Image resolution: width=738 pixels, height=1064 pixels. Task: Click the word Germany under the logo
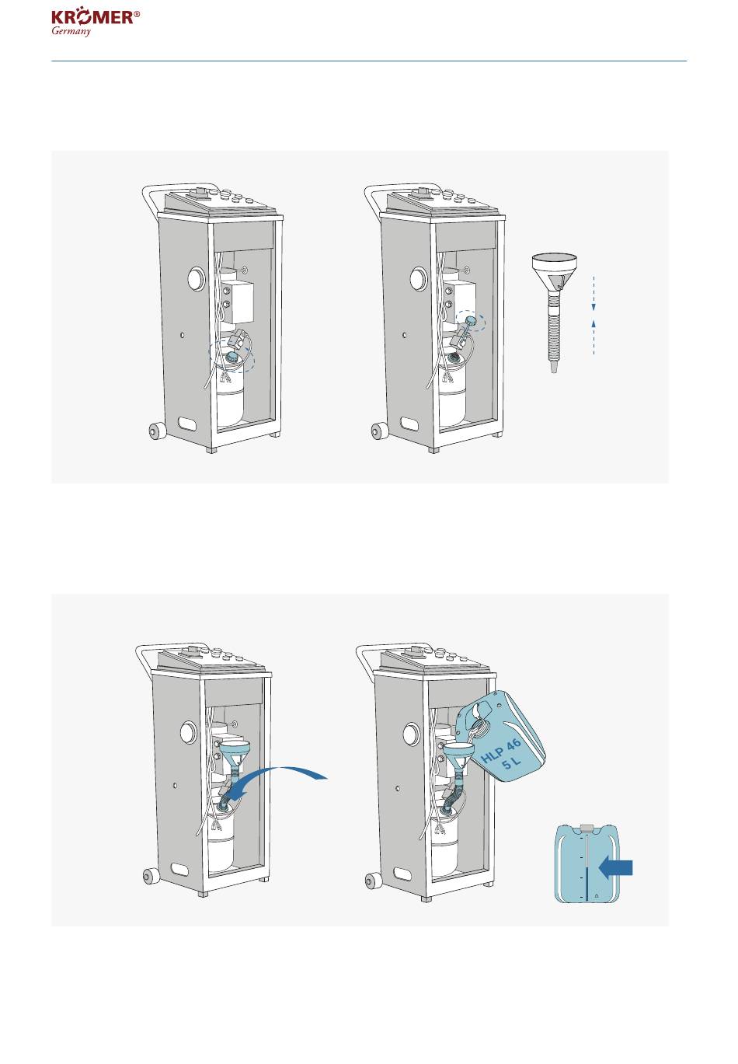point(71,32)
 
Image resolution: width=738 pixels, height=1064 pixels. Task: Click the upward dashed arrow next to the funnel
point(594,337)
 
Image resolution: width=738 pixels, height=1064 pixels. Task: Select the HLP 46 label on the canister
point(501,751)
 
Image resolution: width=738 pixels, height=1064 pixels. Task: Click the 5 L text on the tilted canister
point(511,763)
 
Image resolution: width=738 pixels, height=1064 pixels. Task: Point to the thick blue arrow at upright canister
point(615,868)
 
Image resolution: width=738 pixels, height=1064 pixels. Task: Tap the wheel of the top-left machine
point(157,431)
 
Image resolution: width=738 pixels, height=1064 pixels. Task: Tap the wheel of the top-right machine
point(379,431)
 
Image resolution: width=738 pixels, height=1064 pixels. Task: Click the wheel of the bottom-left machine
point(151,875)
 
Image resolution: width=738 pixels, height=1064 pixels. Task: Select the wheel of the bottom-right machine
point(374,881)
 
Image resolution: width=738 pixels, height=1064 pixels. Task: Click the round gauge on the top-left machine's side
point(196,278)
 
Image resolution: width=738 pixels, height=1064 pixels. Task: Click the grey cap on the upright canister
point(587,828)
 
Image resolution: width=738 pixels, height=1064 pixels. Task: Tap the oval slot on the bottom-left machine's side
point(180,869)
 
